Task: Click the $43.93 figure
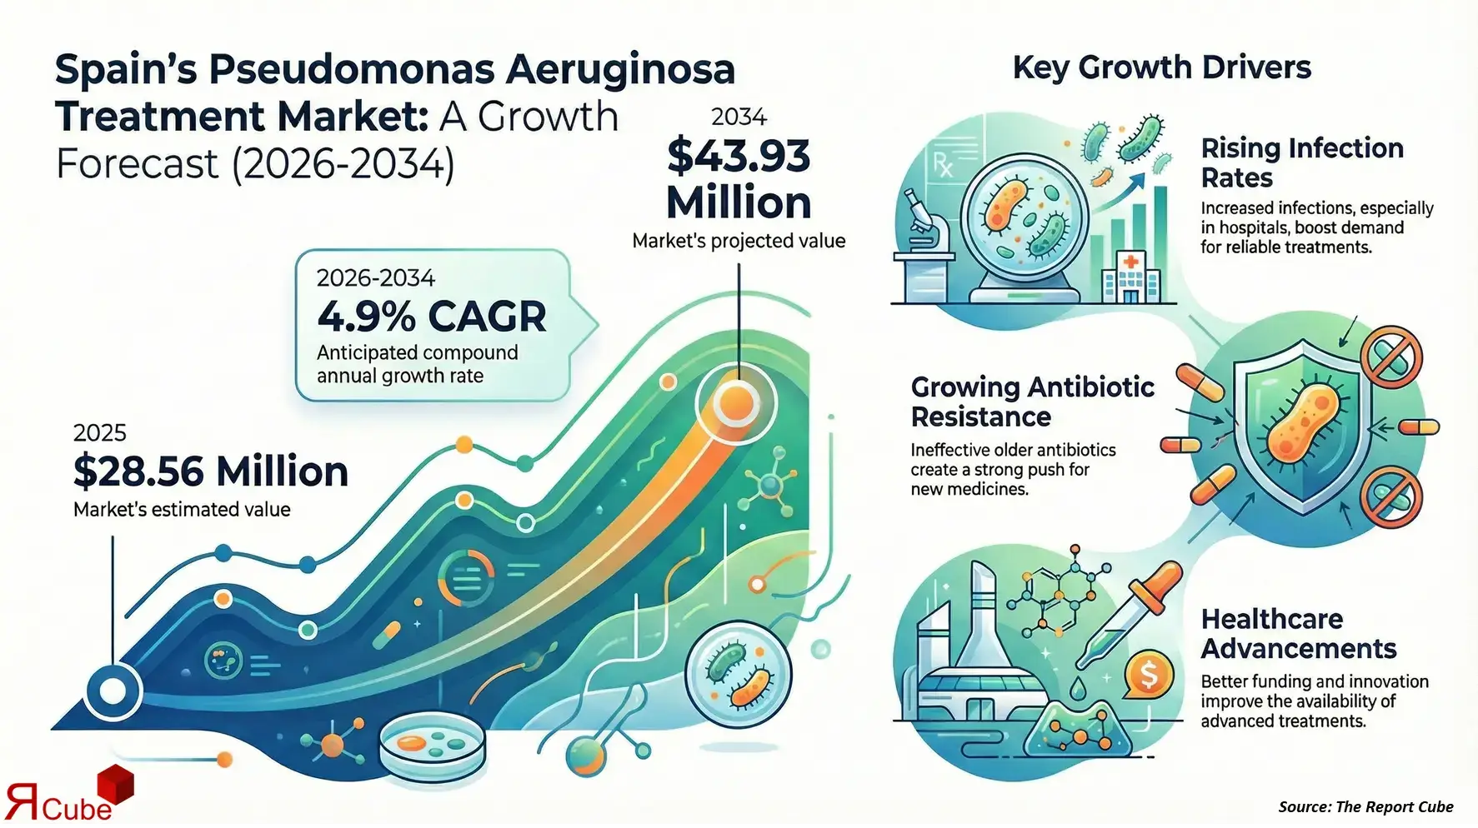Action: pyautogui.click(x=739, y=156)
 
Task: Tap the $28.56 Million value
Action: pyautogui.click(x=211, y=471)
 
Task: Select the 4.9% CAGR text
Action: pyautogui.click(x=432, y=317)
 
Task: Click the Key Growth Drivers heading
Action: pyautogui.click(x=1162, y=67)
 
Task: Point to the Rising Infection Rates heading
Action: pyautogui.click(x=1302, y=163)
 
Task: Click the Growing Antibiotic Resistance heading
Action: pyautogui.click(x=1033, y=402)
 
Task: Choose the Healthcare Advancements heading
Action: pyautogui.click(x=1299, y=634)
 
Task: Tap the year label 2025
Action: pyautogui.click(x=100, y=433)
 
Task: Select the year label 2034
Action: pyautogui.click(x=739, y=117)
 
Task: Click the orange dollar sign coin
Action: pyautogui.click(x=1149, y=675)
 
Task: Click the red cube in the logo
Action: pyautogui.click(x=116, y=785)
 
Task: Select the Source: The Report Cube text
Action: pyautogui.click(x=1365, y=806)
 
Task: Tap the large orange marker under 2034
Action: pyautogui.click(x=736, y=404)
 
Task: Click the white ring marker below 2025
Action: pyautogui.click(x=113, y=691)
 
